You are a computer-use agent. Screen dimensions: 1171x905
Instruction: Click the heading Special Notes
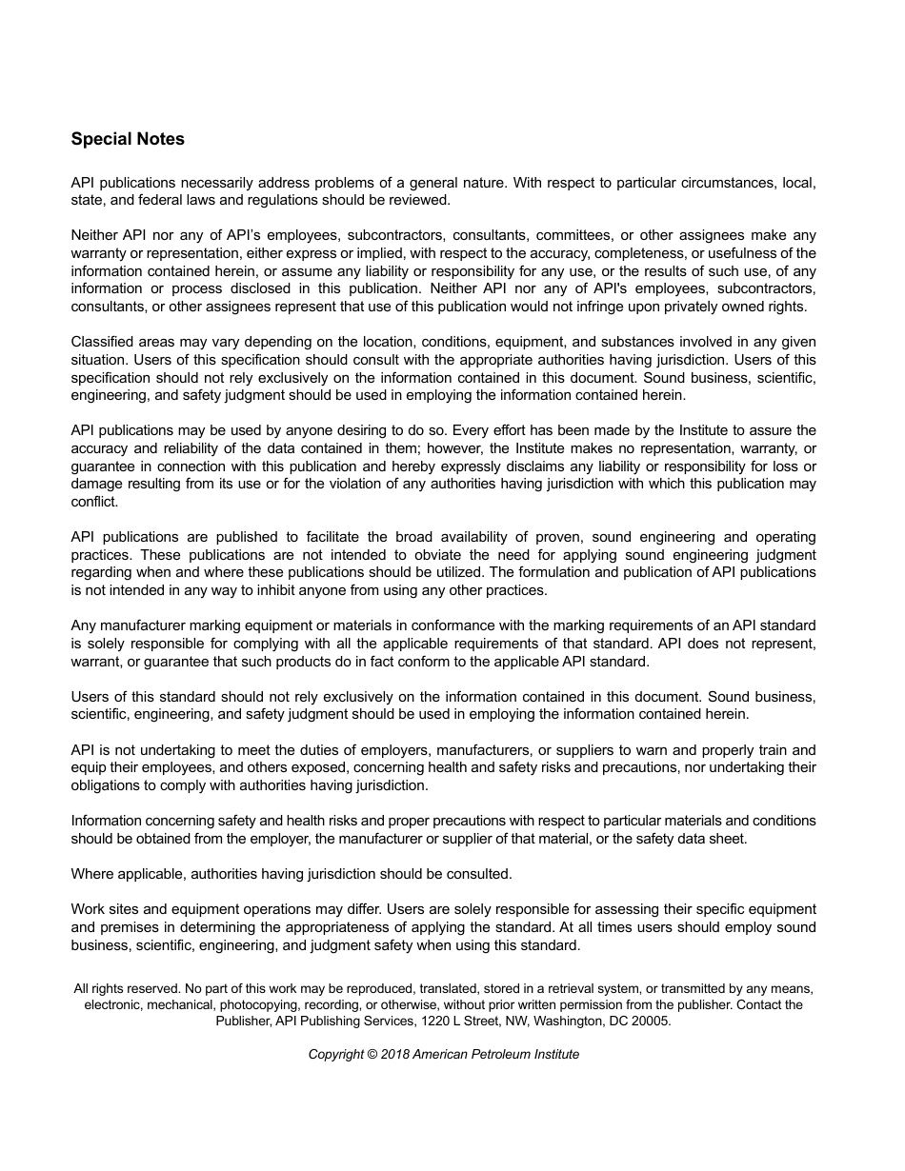point(128,139)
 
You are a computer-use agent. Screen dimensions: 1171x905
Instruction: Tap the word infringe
point(617,307)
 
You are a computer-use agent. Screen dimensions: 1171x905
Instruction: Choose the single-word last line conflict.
point(94,502)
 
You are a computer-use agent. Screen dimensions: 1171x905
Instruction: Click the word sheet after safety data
point(728,839)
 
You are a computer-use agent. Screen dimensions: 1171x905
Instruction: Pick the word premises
point(130,927)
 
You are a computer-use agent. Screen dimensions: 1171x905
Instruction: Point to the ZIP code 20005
point(652,1021)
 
